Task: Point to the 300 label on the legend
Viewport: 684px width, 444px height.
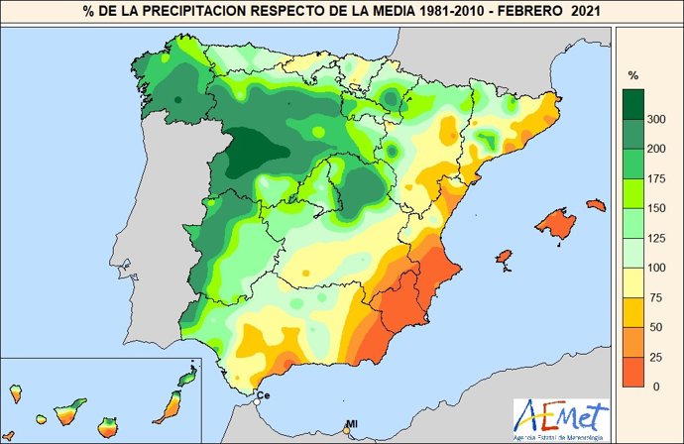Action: pos(654,119)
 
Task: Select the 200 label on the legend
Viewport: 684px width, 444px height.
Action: pos(654,149)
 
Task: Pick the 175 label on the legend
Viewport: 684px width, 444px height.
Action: pos(654,178)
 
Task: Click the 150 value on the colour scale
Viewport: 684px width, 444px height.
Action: pos(654,208)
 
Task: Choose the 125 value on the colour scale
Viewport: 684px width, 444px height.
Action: pos(654,238)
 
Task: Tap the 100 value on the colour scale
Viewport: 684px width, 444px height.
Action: pos(654,268)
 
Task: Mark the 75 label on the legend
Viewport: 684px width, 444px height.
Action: pos(654,297)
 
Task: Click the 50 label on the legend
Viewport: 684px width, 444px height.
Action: pos(654,327)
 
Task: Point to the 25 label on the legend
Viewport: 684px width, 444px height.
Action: pos(654,357)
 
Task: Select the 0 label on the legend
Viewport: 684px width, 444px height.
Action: pos(654,386)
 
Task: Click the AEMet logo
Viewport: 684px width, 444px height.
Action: pos(561,417)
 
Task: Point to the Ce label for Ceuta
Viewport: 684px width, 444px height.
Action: pos(264,396)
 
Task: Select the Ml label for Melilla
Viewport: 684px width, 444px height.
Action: pos(351,425)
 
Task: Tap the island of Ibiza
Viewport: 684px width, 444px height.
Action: pos(504,260)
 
